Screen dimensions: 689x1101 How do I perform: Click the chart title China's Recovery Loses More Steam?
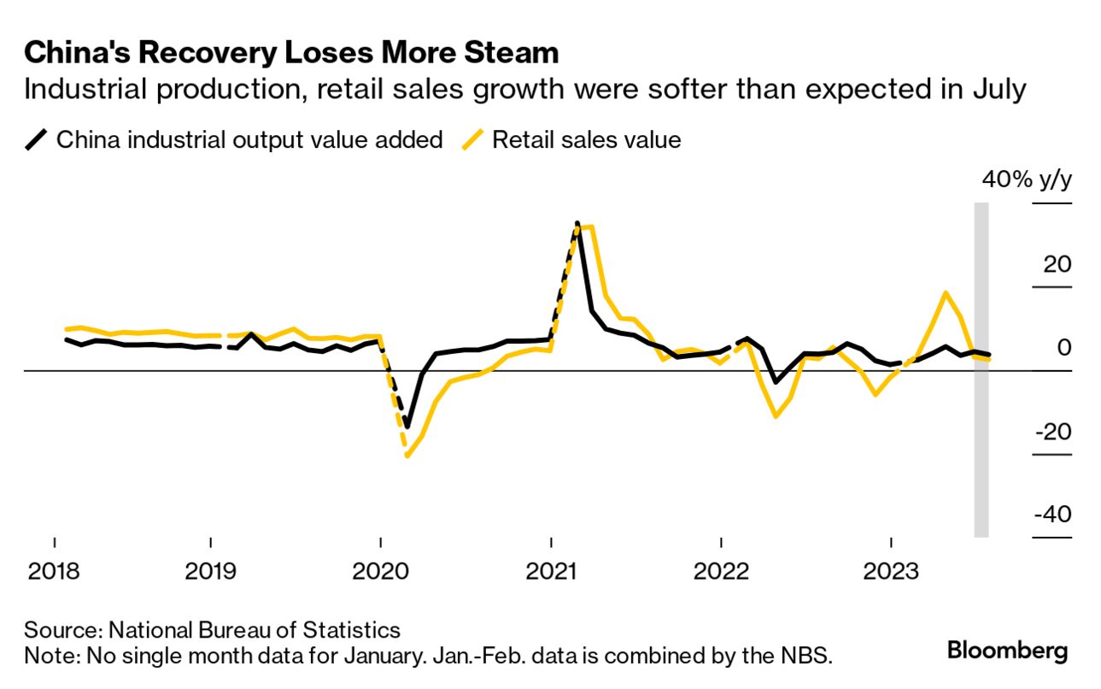click(291, 53)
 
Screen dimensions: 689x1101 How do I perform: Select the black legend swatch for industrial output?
click(36, 139)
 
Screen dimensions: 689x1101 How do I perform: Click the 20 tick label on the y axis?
click(1056, 264)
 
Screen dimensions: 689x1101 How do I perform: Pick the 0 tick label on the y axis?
click(1063, 348)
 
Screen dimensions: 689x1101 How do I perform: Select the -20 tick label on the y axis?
click(1051, 432)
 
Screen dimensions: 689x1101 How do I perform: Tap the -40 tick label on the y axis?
click(1051, 515)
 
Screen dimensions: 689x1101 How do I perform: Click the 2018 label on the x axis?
click(55, 570)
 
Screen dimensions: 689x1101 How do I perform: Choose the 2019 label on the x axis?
click(210, 570)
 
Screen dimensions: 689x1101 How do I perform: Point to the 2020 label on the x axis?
click(380, 570)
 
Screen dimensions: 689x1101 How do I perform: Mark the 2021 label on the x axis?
click(551, 570)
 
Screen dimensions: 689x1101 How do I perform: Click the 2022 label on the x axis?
click(721, 570)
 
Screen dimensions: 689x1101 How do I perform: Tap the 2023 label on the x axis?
click(891, 570)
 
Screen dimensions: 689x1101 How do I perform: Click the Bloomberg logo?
click(1007, 651)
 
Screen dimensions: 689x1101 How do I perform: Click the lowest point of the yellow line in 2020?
click(407, 456)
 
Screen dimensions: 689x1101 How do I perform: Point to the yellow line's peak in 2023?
click(946, 292)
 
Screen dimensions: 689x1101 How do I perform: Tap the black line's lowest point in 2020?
click(407, 427)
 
